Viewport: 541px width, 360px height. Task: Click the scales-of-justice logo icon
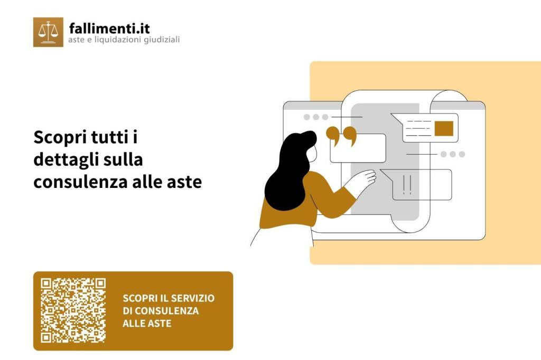(x=48, y=32)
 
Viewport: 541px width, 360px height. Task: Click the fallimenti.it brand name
(x=109, y=27)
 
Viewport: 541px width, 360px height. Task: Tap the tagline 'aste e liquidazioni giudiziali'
(x=124, y=40)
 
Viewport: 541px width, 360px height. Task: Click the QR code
(x=73, y=310)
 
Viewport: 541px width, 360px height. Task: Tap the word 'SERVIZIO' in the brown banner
(x=191, y=298)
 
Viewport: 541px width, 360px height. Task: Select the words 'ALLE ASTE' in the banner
(x=147, y=323)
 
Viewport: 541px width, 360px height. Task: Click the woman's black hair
(x=288, y=169)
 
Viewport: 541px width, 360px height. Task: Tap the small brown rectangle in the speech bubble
(x=444, y=128)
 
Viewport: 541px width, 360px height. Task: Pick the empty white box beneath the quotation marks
(x=358, y=149)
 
